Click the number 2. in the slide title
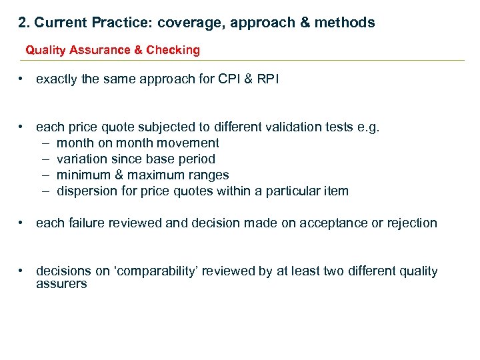click(x=24, y=23)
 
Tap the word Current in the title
click(x=60, y=23)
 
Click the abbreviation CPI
click(x=231, y=79)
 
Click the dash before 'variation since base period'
click(x=45, y=159)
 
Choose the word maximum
click(x=147, y=175)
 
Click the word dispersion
click(x=86, y=191)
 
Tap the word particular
click(x=291, y=191)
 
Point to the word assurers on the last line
click(x=61, y=284)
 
